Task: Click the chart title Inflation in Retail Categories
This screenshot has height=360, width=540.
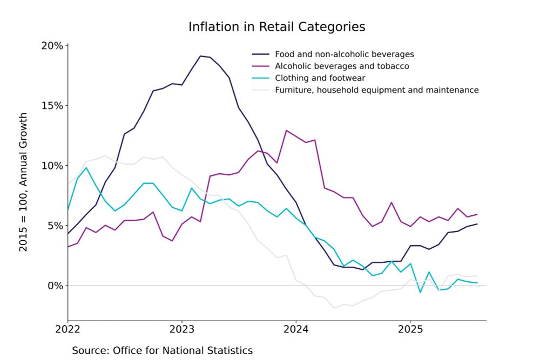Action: click(276, 27)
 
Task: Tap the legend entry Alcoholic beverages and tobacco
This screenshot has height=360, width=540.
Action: click(342, 66)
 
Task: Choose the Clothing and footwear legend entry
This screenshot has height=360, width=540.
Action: click(320, 78)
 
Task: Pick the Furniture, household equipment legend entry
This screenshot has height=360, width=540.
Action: click(376, 90)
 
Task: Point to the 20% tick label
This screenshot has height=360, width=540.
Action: click(52, 45)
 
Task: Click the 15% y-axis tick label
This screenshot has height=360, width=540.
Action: click(52, 105)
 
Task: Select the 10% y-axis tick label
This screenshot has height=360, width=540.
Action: click(52, 165)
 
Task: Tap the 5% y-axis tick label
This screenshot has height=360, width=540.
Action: click(55, 225)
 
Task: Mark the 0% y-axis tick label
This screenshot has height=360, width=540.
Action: click(55, 285)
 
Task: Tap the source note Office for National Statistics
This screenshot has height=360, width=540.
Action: click(162, 350)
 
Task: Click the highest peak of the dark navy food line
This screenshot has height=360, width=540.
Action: click(200, 56)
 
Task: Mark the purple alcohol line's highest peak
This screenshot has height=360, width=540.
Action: click(286, 131)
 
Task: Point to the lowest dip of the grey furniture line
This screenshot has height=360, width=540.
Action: click(334, 308)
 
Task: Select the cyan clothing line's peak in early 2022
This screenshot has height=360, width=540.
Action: click(86, 167)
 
